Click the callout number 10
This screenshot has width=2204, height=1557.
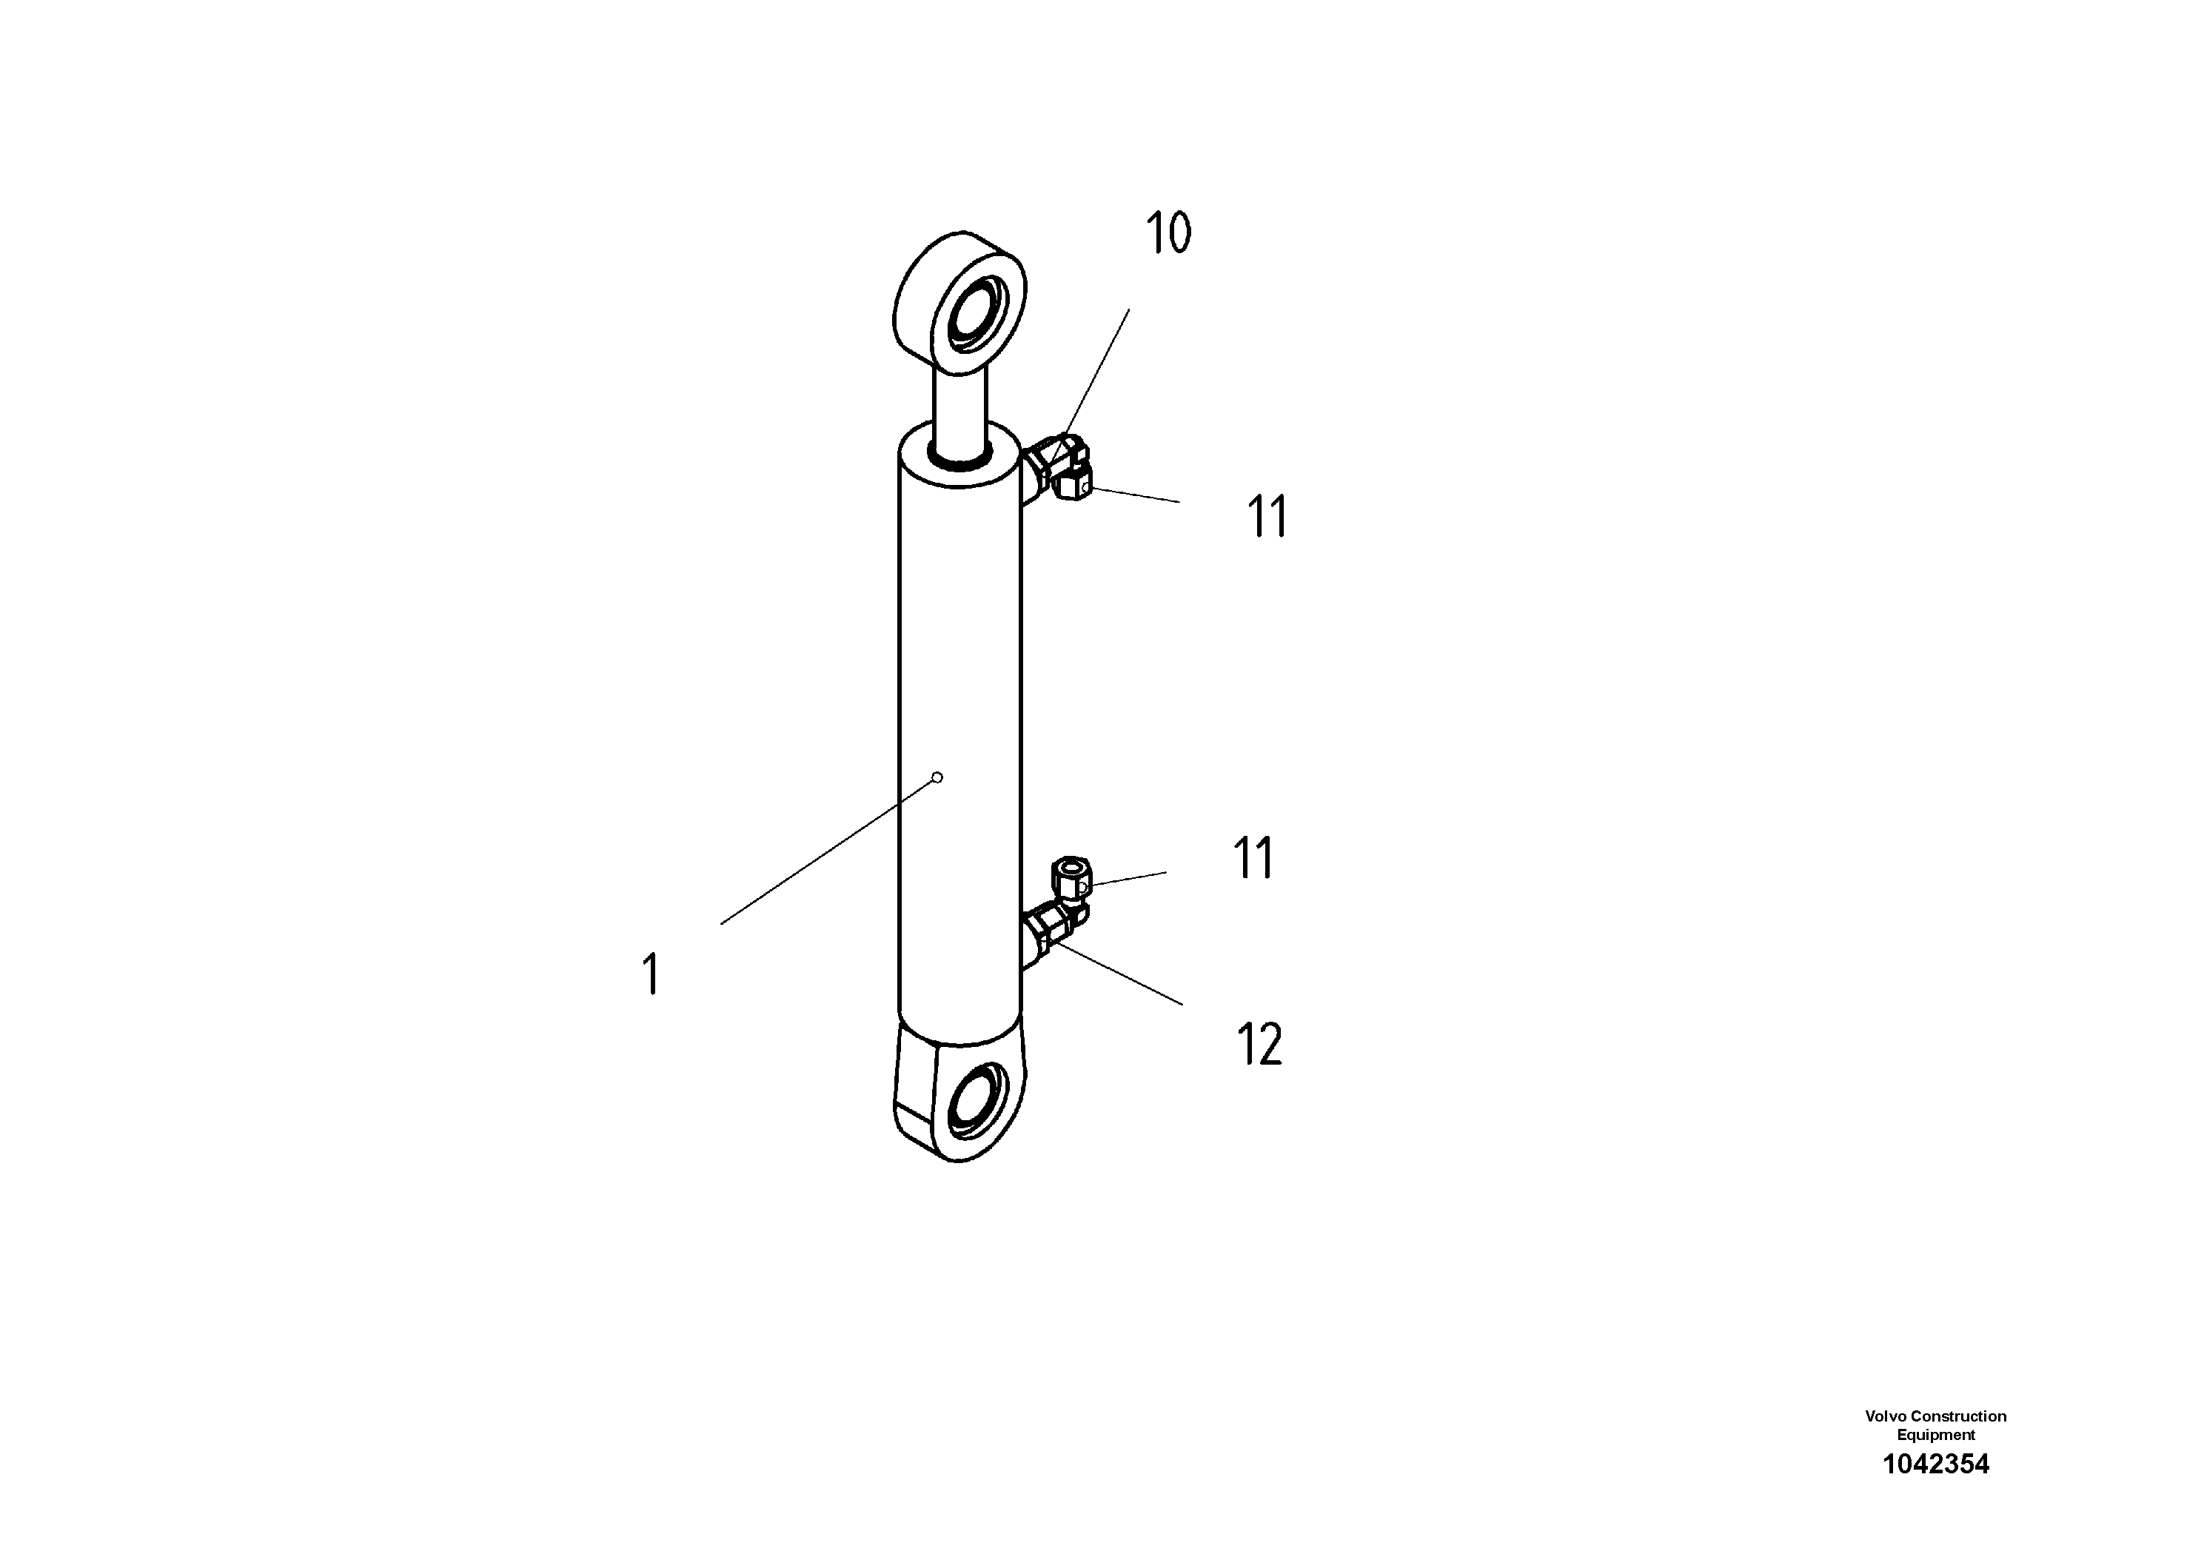coord(1168,233)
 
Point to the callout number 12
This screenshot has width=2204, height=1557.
coord(1259,1045)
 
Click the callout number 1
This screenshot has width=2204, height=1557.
coord(652,974)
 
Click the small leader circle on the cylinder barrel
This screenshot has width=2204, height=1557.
coord(938,777)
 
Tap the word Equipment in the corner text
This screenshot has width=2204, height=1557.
coord(1936,1435)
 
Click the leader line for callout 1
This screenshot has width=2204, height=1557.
coord(825,852)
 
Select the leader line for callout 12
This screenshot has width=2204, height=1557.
coord(1119,974)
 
